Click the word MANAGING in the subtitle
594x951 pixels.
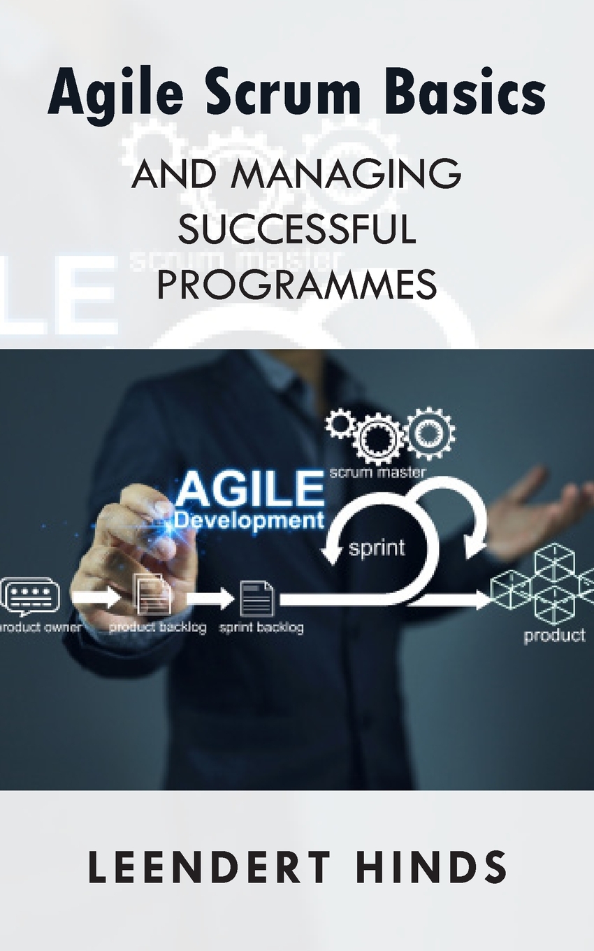click(x=347, y=175)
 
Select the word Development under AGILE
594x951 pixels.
click(x=249, y=521)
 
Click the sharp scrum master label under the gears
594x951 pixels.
click(x=377, y=473)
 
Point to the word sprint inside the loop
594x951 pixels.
click(x=377, y=547)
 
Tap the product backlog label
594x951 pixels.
click(x=158, y=627)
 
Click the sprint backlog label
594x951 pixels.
click(x=261, y=627)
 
